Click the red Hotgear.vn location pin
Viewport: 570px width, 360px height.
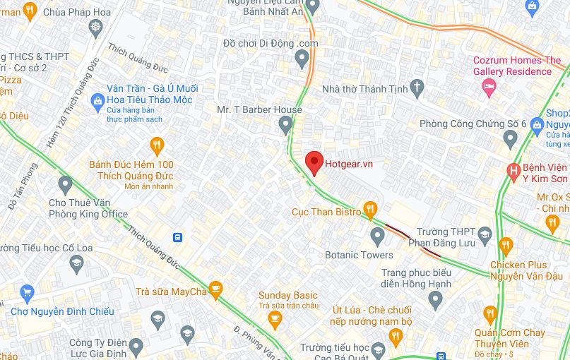(x=314, y=162)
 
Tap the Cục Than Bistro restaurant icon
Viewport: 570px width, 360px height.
(x=369, y=209)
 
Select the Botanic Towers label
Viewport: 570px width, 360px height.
(x=359, y=255)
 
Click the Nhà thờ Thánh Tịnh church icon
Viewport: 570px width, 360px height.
(x=417, y=88)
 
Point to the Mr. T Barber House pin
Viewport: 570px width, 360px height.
(x=285, y=125)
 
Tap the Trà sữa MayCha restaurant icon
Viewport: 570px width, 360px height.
(x=215, y=289)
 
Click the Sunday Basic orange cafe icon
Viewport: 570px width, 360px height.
(x=275, y=320)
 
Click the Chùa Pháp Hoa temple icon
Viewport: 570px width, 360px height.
(x=95, y=28)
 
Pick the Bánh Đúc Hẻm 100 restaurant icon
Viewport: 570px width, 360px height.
(x=157, y=146)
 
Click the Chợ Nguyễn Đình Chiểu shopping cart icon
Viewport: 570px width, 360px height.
(x=28, y=293)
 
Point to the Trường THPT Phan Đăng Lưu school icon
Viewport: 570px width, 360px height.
(x=485, y=234)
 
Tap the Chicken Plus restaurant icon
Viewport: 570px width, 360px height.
(x=505, y=246)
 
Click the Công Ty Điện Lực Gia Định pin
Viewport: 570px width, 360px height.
(x=136, y=347)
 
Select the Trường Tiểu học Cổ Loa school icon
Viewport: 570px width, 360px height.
(x=76, y=264)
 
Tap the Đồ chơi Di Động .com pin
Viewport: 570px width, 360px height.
(x=302, y=59)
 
